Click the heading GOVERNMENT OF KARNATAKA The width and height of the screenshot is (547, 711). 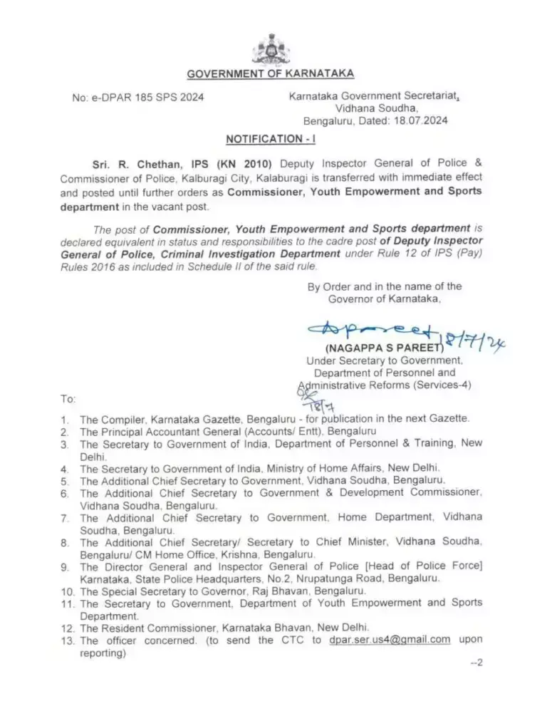click(270, 74)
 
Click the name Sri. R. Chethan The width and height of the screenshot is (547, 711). click(124, 163)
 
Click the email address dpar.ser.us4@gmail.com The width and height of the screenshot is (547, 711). click(390, 640)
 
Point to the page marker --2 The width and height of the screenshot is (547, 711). click(476, 663)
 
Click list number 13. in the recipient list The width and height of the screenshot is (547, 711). click(68, 640)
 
